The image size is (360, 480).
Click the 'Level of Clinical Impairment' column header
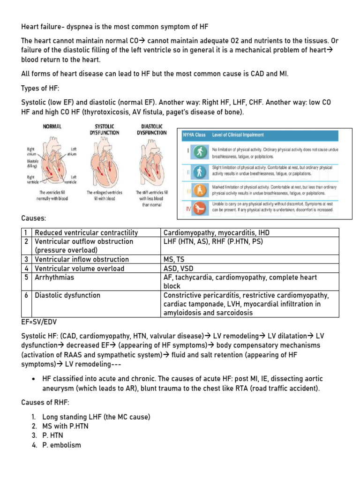pos(238,135)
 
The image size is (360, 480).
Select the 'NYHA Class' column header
pos(194,135)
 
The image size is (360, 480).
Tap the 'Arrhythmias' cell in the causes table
pos(54,277)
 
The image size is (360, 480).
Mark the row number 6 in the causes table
pos(27,295)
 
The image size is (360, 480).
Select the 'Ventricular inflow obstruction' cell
pos(82,259)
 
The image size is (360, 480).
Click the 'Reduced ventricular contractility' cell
pos(86,233)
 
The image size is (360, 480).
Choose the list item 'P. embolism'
pos(61,445)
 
